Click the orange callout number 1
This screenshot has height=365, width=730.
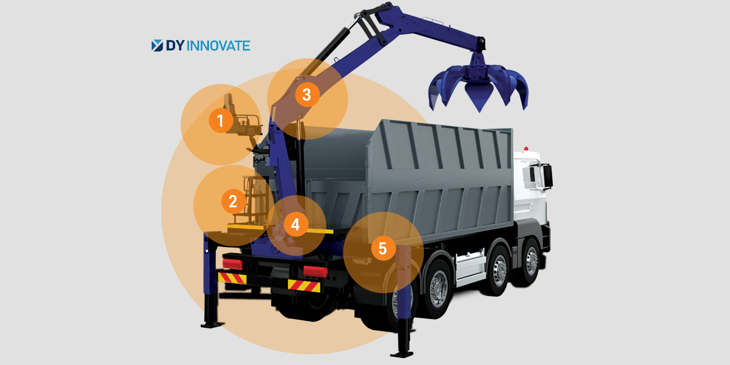(x=221, y=120)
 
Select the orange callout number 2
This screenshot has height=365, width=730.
(x=234, y=201)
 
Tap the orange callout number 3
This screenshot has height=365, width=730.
(x=307, y=95)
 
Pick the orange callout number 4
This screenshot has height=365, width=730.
(x=296, y=224)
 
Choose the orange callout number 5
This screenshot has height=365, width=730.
(x=383, y=248)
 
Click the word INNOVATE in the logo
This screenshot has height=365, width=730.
(x=219, y=46)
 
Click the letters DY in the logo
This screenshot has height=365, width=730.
(x=175, y=46)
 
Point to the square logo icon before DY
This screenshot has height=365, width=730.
(x=157, y=46)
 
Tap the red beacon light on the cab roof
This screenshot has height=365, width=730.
(x=526, y=149)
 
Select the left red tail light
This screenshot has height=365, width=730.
(x=233, y=263)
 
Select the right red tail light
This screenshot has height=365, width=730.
(x=315, y=271)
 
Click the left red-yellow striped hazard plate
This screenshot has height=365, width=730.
(x=232, y=278)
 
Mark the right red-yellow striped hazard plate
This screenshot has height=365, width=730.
(x=304, y=286)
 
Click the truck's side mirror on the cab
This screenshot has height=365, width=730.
(x=547, y=177)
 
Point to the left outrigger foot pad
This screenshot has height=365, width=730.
(x=212, y=324)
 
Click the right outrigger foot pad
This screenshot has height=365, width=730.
(x=401, y=354)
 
